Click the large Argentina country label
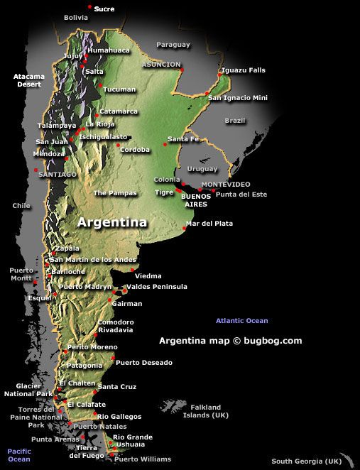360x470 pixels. (x=112, y=222)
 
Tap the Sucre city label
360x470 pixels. (x=104, y=9)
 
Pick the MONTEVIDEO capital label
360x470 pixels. (x=227, y=185)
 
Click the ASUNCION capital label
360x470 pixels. (x=163, y=64)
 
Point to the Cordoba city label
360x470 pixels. (x=135, y=150)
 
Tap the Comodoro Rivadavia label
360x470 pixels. (x=115, y=326)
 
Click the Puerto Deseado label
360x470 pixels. (x=143, y=363)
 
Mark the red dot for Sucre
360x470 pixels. (x=89, y=6)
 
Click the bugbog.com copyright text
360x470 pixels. (x=230, y=341)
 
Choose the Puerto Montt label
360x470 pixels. (x=21, y=275)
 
